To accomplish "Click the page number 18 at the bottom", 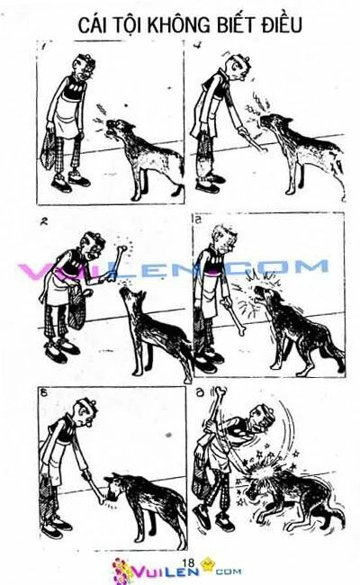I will click(188, 562).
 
